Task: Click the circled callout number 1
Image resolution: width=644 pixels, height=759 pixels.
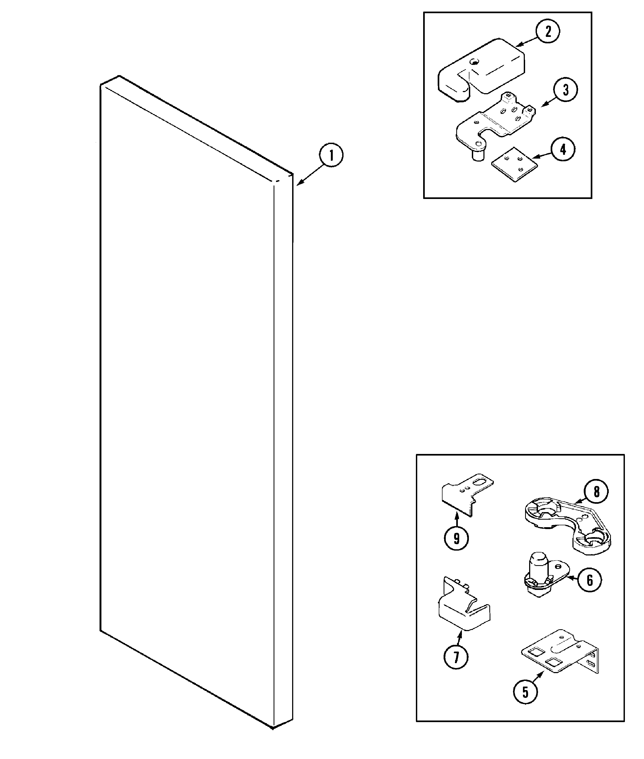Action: click(331, 155)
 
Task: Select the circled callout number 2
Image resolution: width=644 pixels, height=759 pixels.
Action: click(548, 32)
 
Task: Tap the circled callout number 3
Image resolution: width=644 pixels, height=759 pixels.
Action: click(565, 90)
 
